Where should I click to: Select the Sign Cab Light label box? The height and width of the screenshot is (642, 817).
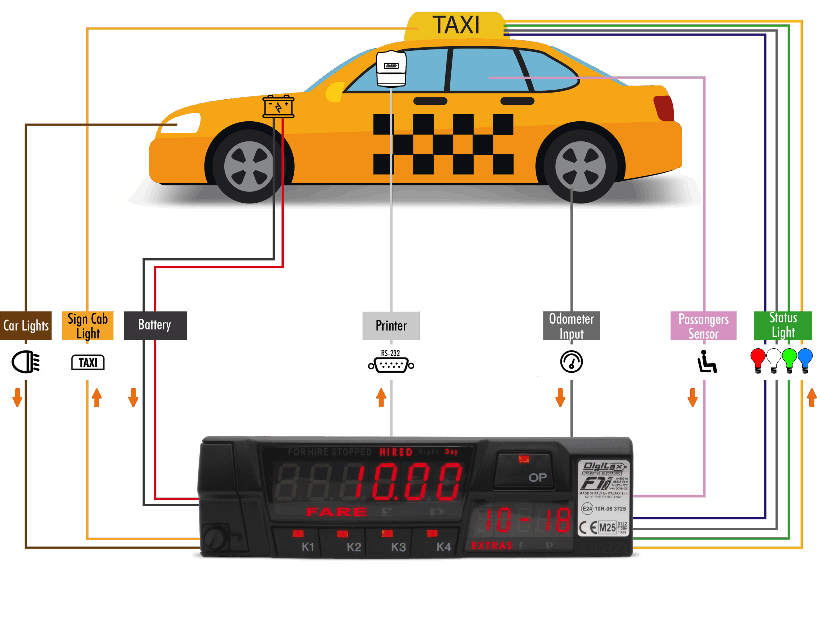(87, 326)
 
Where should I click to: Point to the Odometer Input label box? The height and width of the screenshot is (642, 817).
(571, 326)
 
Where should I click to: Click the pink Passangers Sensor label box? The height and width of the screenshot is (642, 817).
(703, 326)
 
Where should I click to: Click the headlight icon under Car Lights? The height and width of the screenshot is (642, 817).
(26, 362)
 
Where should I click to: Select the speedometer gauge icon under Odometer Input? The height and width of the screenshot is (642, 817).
(571, 362)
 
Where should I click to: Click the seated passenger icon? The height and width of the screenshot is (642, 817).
(706, 362)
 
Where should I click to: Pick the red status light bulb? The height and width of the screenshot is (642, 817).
(757, 360)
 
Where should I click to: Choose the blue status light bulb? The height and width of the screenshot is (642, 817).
(805, 360)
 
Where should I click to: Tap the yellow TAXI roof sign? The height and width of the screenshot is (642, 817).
(455, 26)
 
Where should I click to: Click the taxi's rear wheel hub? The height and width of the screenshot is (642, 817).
(580, 166)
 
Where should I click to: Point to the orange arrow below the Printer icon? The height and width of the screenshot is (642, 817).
(381, 397)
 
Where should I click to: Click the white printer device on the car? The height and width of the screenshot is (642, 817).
(391, 69)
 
